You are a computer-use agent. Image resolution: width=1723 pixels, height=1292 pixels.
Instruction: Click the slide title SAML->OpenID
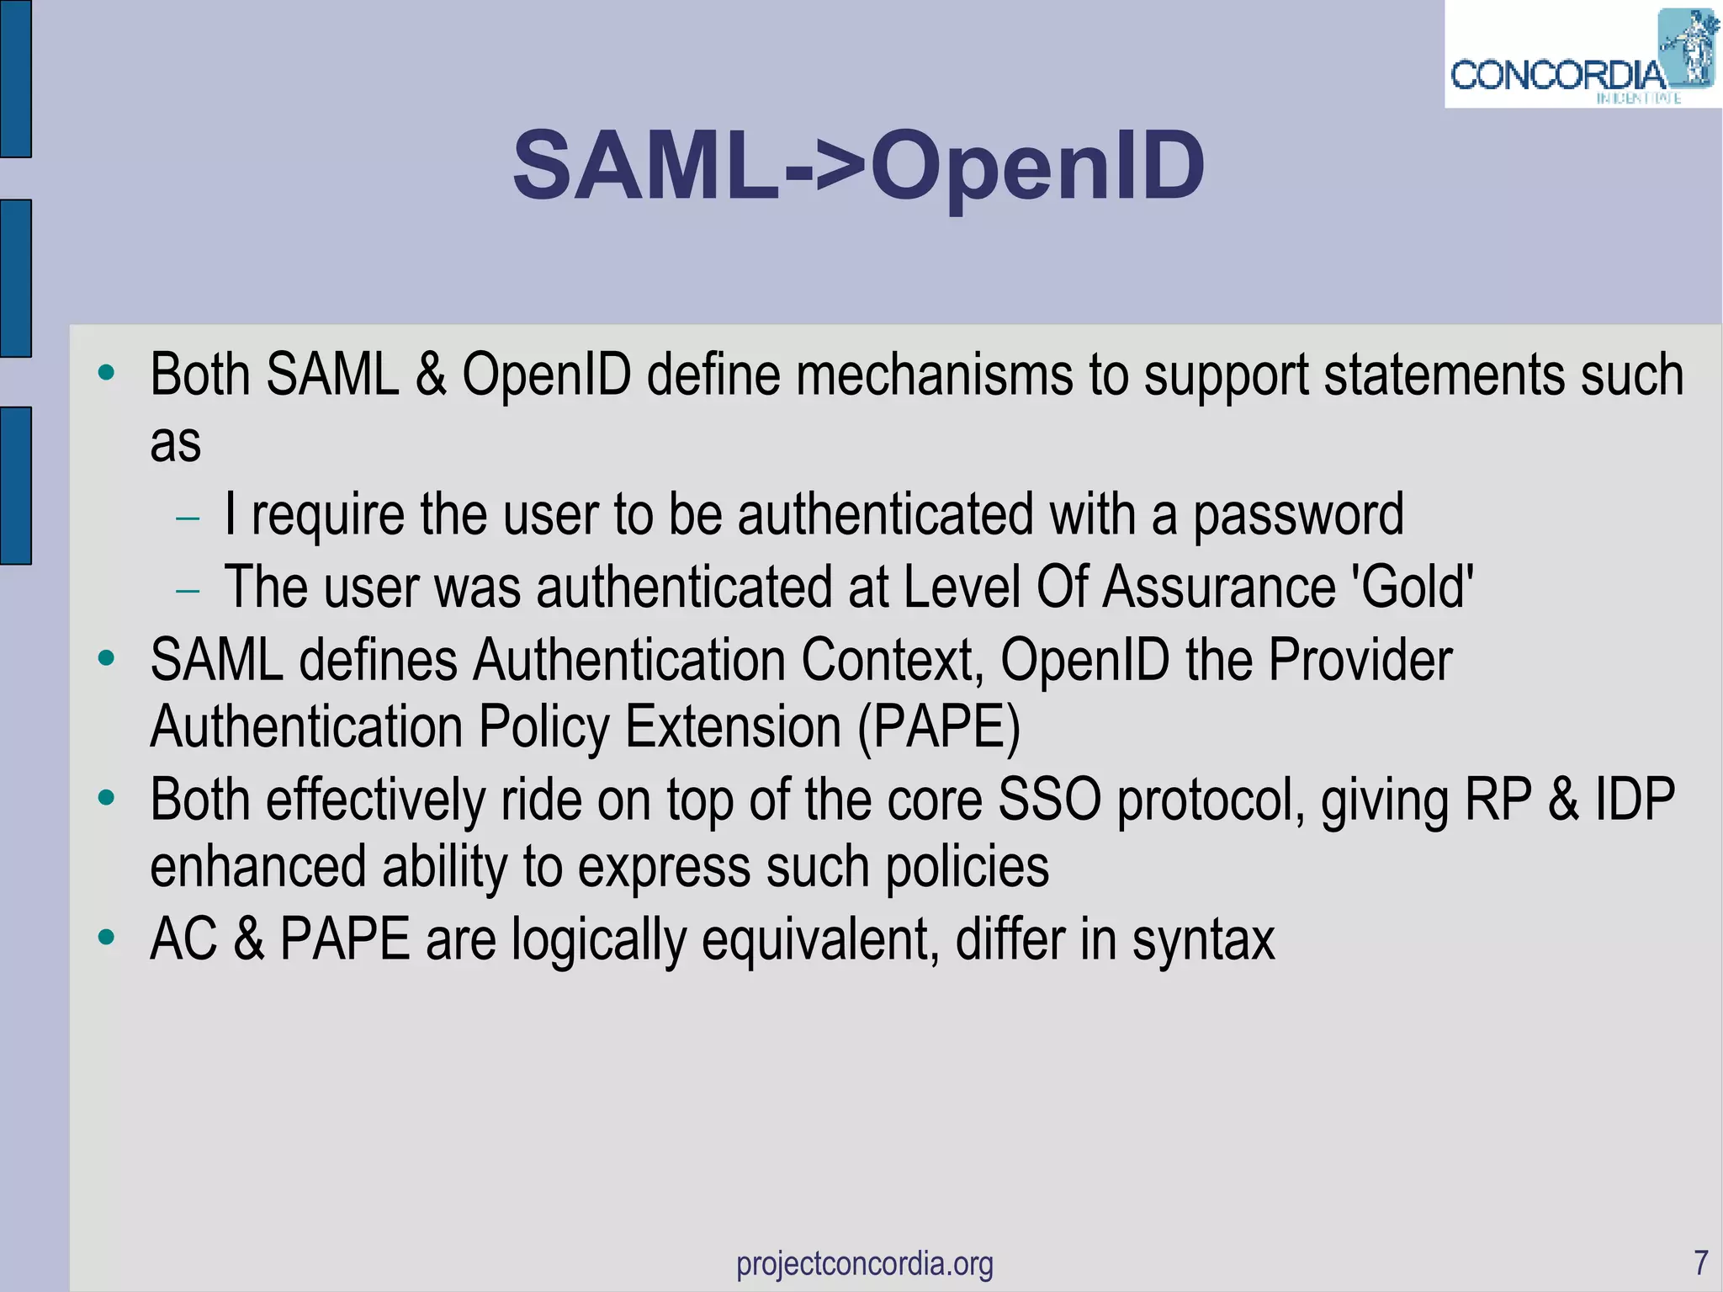[x=858, y=166]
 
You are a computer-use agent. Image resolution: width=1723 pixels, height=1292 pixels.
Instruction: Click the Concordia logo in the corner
[x=1582, y=57]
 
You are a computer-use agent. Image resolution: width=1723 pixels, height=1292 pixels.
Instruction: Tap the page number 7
[x=1700, y=1263]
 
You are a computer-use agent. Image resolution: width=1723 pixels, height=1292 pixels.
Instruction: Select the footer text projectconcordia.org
[x=864, y=1263]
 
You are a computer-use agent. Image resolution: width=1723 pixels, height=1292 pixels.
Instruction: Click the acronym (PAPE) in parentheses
[x=939, y=726]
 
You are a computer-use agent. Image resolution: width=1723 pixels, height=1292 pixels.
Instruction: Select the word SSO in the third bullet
[x=1049, y=799]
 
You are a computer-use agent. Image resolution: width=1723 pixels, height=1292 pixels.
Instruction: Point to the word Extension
[x=733, y=726]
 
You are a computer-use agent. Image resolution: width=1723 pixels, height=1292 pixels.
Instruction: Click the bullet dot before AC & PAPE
[x=106, y=936]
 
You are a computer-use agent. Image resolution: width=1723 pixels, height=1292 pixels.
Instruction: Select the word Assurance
[x=1219, y=586]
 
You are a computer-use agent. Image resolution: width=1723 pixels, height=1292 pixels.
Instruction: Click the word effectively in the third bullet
[x=376, y=799]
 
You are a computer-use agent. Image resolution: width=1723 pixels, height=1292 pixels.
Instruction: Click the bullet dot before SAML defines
[x=106, y=657]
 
